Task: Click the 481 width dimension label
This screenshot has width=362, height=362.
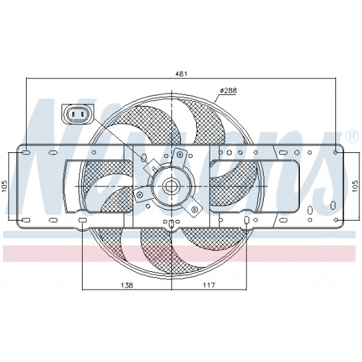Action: point(181,74)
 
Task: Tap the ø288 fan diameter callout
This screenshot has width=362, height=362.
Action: point(228,90)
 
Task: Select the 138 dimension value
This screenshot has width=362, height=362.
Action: point(127,286)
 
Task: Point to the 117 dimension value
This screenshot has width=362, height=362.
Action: point(209,286)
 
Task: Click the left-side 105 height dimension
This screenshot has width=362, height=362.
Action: point(5,186)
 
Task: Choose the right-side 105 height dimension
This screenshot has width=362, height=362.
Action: point(355,186)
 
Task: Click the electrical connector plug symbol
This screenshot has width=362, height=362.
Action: point(78,114)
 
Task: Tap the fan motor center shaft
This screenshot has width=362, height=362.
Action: point(171,186)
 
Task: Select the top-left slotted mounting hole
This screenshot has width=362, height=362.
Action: point(27,152)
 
